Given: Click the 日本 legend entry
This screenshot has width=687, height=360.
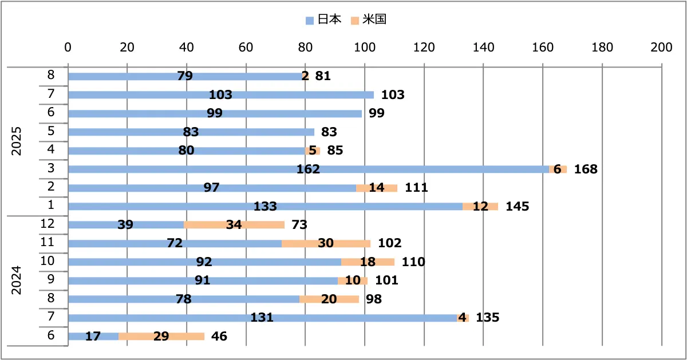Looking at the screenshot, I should (323, 20).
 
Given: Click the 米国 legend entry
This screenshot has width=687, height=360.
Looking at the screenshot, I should (370, 20).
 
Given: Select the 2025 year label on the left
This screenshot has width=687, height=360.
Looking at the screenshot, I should (17, 141).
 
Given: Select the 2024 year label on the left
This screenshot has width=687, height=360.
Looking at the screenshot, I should (17, 280).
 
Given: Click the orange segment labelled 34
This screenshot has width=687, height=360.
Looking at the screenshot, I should (234, 225).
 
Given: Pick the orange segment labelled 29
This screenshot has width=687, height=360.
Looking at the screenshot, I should (161, 337).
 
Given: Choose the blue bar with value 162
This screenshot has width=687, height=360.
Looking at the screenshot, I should (309, 169).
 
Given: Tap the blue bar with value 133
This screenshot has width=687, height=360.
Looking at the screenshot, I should (265, 207).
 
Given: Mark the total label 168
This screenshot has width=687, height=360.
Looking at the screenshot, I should (586, 169).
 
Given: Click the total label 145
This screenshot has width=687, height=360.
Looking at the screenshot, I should (518, 207).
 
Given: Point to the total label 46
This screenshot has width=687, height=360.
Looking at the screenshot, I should (219, 337).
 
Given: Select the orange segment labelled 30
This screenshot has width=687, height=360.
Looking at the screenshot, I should (326, 244).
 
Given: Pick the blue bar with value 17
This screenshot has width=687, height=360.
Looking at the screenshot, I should (93, 337).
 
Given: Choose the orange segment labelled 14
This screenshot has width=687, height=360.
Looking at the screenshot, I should (377, 188).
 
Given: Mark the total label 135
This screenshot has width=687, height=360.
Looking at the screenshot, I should (488, 318).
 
